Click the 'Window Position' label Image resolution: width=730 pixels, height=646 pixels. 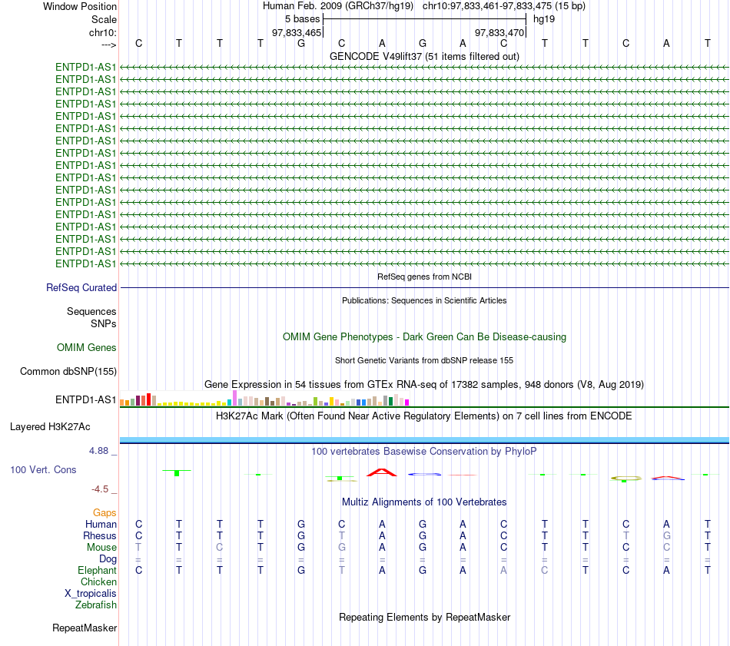pos(80,6)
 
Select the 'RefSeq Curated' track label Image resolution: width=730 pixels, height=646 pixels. pos(81,287)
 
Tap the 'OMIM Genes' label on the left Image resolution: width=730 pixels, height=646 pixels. pos(87,348)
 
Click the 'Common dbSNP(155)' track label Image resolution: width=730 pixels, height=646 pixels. pos(68,372)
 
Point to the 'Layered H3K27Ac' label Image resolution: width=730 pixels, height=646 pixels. pos(50,427)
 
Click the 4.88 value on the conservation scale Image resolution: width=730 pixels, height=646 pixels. pos(98,451)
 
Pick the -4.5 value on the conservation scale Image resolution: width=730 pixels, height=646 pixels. pos(100,489)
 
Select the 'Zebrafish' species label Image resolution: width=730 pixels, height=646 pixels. pos(96,605)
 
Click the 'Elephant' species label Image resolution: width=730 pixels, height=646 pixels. pos(98,571)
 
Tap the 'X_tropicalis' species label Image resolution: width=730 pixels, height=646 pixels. pos(91,594)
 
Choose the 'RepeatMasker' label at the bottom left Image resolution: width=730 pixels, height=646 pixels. pos(85,628)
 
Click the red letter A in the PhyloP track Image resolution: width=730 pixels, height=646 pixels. pos(382,472)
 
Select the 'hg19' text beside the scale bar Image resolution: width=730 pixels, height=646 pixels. pos(544,19)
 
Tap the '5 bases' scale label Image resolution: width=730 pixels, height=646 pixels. pos(303,19)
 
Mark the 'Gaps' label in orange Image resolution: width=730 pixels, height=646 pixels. pos(105,513)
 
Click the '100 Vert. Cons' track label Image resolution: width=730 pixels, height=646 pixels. pos(43,469)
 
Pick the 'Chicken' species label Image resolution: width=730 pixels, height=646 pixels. pos(98,581)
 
